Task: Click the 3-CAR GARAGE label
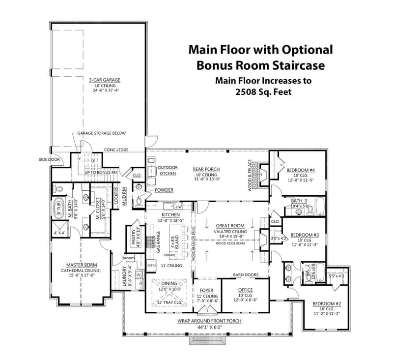tap(105, 80)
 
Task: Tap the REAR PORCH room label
tap(205, 169)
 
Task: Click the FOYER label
tap(207, 290)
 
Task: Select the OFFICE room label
tap(245, 290)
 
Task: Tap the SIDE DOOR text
tap(48, 159)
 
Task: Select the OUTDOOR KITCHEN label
tap(168, 170)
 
